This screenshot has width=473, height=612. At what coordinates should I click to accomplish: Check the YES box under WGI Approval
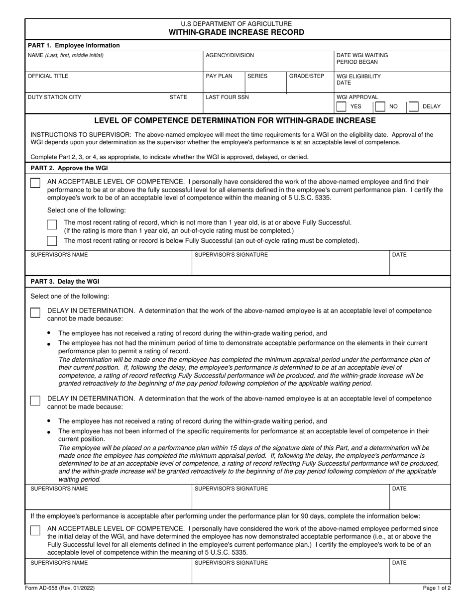click(x=342, y=106)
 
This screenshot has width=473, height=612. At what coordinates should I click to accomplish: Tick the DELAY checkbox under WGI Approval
click(x=413, y=106)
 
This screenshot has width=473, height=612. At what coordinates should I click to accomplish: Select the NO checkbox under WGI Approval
click(x=380, y=106)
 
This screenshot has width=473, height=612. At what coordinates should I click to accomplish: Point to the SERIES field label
click(x=257, y=76)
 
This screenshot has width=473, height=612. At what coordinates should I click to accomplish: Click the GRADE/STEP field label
click(x=307, y=76)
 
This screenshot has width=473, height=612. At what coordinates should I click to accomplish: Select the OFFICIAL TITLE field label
click(x=48, y=76)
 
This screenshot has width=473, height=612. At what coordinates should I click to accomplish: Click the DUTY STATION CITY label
click(x=54, y=97)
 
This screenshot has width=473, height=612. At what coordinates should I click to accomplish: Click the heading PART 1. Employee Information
click(x=74, y=45)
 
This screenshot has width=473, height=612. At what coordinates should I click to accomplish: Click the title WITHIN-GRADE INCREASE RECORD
click(x=236, y=32)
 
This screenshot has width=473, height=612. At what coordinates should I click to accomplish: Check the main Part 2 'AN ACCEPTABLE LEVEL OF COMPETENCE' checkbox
click(x=35, y=183)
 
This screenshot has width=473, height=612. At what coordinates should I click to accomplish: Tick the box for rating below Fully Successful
click(x=52, y=241)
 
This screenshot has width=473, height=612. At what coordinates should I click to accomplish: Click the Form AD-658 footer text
click(x=59, y=588)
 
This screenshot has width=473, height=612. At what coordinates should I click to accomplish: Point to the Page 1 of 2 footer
click(x=437, y=588)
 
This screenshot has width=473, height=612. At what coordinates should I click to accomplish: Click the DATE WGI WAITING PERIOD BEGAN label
click(x=362, y=58)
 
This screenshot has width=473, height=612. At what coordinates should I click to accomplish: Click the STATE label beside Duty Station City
click(x=178, y=97)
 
